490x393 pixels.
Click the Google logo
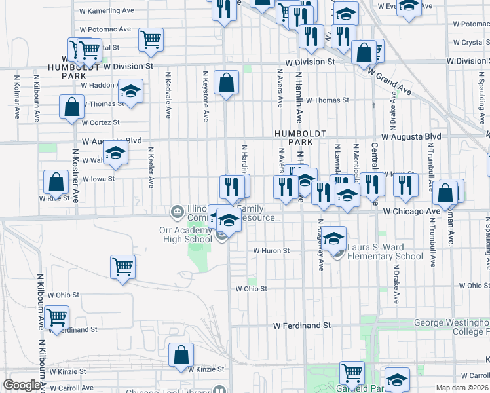[x=22, y=386]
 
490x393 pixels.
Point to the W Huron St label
[x=271, y=251]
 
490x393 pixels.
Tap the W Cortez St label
[x=101, y=122]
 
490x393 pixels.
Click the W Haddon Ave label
[x=98, y=85]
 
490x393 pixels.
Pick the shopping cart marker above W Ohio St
[x=122, y=267]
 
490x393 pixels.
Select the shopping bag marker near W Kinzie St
[x=181, y=355]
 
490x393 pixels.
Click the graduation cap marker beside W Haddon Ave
[x=130, y=92]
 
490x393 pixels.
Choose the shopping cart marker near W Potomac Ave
[x=151, y=40]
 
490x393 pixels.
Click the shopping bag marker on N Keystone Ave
[x=226, y=83]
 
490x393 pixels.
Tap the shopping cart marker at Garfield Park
[x=352, y=373]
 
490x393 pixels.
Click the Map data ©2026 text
[x=462, y=388]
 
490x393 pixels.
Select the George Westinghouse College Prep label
[x=452, y=327]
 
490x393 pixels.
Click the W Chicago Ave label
[x=411, y=212]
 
